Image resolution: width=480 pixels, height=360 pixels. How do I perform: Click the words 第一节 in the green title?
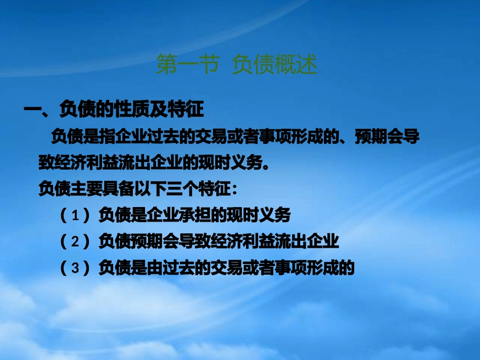186,65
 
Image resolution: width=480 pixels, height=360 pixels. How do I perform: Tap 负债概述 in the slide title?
274,65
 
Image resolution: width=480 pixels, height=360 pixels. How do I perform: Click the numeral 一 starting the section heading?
32,109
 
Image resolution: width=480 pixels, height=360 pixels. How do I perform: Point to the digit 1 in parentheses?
76,216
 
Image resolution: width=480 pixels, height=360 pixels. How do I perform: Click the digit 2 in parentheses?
76,242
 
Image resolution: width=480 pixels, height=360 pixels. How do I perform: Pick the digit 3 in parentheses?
76,268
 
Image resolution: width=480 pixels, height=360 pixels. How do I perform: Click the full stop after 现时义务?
270,164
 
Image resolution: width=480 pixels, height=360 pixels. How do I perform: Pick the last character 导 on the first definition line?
412,137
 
